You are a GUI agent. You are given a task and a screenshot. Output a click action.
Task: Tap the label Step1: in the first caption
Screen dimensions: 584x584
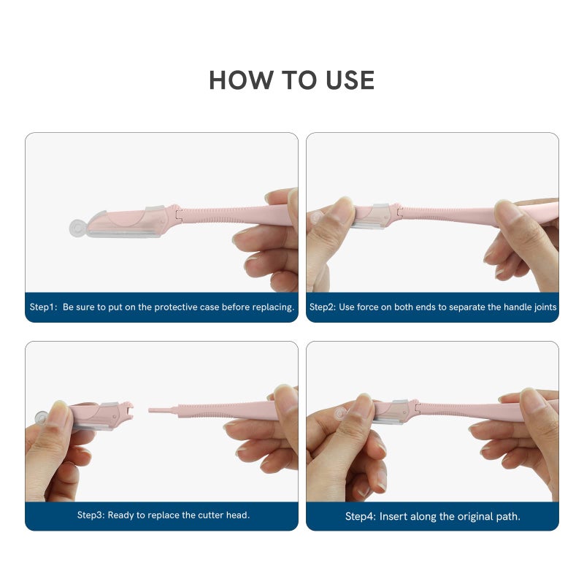(x=43, y=307)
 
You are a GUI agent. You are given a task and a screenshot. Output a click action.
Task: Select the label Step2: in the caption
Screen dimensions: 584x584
(x=323, y=307)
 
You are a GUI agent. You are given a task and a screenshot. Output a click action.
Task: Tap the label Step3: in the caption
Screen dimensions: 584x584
(x=91, y=515)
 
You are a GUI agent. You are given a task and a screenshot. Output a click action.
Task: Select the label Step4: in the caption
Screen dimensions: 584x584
(x=361, y=517)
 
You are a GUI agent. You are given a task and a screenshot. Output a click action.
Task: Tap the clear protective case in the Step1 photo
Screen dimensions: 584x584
(x=128, y=221)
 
